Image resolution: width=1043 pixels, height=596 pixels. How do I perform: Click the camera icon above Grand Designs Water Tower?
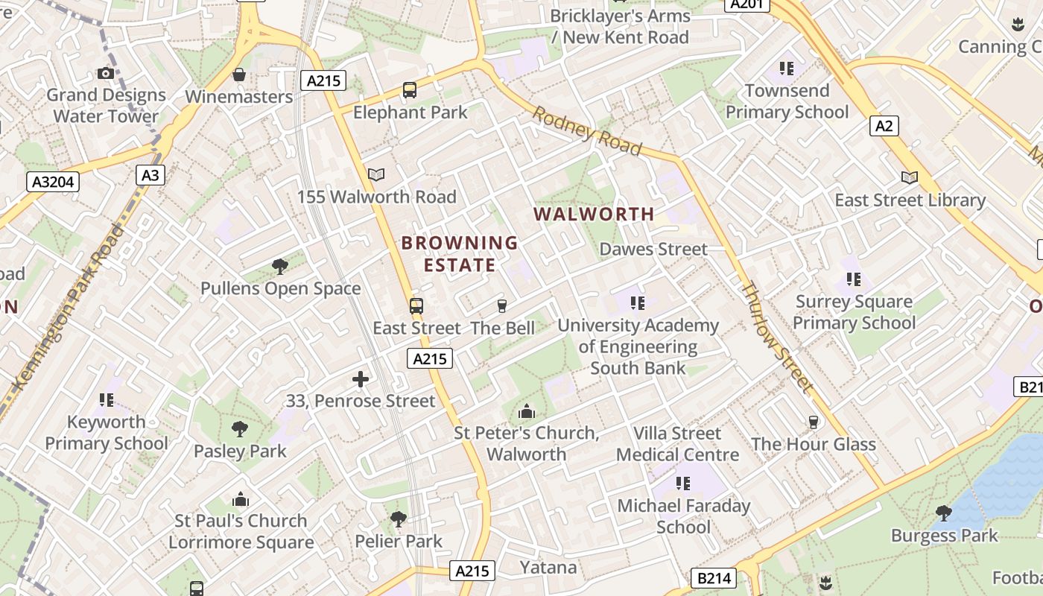[x=106, y=73]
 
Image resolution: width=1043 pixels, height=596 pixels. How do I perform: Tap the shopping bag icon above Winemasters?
[x=239, y=74]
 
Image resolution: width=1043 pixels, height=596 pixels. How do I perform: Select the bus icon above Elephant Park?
[x=409, y=90]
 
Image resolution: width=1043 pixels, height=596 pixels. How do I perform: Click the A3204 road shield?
[x=54, y=181]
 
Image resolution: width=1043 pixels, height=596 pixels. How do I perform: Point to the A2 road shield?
[x=884, y=126]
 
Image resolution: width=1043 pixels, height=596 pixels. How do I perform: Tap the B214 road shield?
[x=713, y=578]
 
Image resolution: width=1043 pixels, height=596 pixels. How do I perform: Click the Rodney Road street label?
[x=586, y=132]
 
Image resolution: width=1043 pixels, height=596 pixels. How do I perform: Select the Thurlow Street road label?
[x=777, y=337]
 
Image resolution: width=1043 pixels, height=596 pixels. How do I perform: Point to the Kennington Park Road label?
[x=69, y=306]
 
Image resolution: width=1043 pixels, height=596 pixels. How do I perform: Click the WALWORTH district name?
[x=594, y=215]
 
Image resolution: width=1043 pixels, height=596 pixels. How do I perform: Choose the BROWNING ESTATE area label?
[x=460, y=254]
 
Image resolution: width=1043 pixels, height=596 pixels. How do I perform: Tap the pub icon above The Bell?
[x=501, y=305]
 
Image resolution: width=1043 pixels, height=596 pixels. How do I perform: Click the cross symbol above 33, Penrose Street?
[x=361, y=379]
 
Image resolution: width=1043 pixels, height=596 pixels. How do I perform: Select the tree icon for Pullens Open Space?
[x=280, y=267]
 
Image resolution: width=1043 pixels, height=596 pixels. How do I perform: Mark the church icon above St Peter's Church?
[x=526, y=411]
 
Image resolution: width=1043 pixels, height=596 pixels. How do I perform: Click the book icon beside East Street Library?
[x=909, y=177]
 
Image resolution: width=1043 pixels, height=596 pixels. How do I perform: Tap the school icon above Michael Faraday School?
[x=683, y=484]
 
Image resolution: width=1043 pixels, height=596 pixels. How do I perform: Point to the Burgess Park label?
[x=944, y=536]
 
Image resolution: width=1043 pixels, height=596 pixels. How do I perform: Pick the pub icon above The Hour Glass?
[x=813, y=422]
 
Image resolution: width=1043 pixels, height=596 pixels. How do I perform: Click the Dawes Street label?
[x=653, y=249]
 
